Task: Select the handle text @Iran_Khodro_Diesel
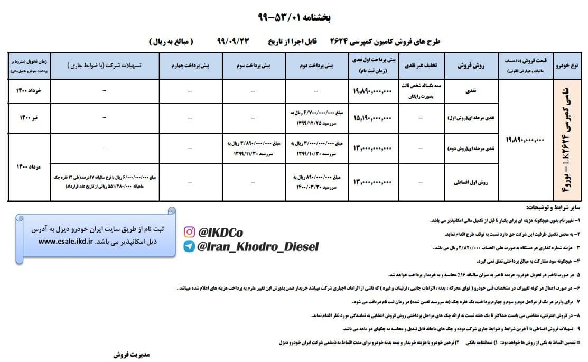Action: point(258,246)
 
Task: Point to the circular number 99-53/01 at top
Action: point(294,17)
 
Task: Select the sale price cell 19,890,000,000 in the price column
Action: point(525,140)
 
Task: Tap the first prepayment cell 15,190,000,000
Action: point(372,117)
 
